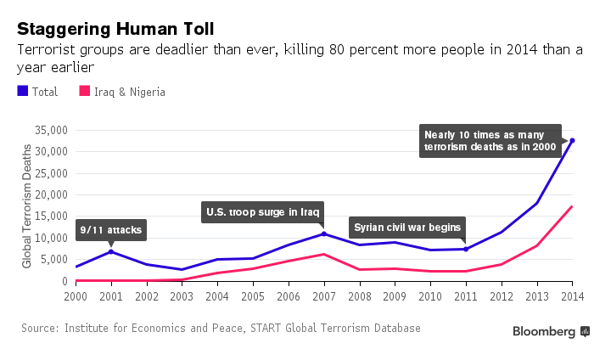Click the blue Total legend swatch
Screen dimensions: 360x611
click(x=22, y=92)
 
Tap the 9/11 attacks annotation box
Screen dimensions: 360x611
click(x=110, y=229)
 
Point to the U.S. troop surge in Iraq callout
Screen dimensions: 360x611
click(x=264, y=211)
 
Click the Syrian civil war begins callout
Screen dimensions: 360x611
click(x=408, y=227)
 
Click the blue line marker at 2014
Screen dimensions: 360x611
click(x=572, y=140)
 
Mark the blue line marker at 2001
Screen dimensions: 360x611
click(x=111, y=251)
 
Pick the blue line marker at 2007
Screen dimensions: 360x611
click(x=324, y=233)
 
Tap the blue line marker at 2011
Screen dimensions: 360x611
click(x=466, y=249)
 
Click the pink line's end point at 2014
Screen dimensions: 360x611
click(x=572, y=206)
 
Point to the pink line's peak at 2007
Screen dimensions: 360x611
click(x=324, y=254)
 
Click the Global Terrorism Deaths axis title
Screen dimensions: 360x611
click(x=27, y=206)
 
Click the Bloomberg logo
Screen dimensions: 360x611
click(x=551, y=331)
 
